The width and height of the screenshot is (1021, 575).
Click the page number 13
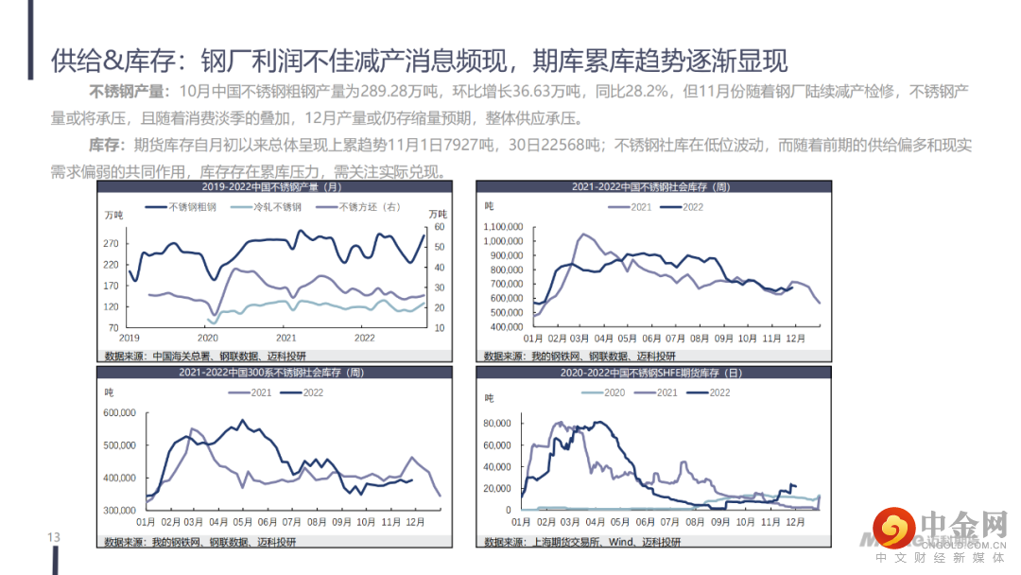point(54,538)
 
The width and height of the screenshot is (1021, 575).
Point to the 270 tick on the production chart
point(112,244)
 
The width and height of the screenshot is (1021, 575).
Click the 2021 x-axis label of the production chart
point(286,337)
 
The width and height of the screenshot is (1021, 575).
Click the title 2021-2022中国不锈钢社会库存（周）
point(650,186)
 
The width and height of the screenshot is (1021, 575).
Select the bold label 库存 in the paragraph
point(106,146)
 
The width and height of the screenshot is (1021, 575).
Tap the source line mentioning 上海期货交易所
point(581,542)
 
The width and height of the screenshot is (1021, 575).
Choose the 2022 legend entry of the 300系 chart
point(311,392)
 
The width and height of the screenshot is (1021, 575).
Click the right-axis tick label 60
point(438,227)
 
